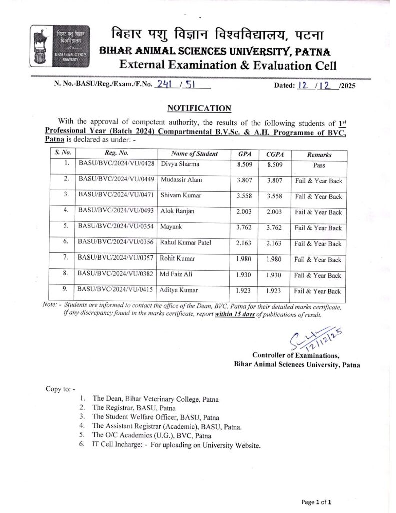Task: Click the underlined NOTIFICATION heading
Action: pyautogui.click(x=199, y=108)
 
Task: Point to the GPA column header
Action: pyautogui.click(x=245, y=154)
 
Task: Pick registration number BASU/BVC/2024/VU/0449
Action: pyautogui.click(x=115, y=179)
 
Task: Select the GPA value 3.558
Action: pyautogui.click(x=245, y=196)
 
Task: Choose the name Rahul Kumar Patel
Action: pyautogui.click(x=185, y=243)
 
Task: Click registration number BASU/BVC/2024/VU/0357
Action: pyautogui.click(x=115, y=259)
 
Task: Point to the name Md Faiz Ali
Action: pyautogui.click(x=177, y=274)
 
